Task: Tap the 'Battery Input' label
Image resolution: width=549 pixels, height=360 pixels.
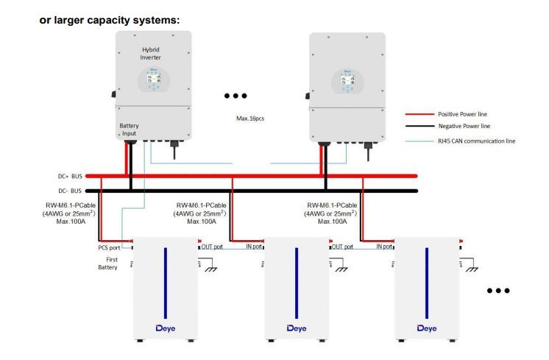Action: click(x=129, y=130)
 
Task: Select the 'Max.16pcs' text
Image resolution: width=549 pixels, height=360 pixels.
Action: click(x=249, y=119)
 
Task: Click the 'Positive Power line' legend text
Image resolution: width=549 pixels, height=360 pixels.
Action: click(x=462, y=114)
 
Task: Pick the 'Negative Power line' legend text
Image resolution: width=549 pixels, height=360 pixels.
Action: click(x=463, y=127)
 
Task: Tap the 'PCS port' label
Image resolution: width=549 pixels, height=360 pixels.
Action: click(x=108, y=247)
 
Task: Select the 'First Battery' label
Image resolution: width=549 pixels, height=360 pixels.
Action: click(x=108, y=262)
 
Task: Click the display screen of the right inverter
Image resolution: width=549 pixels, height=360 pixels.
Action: click(x=347, y=80)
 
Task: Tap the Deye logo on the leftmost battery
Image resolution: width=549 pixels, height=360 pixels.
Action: click(x=164, y=327)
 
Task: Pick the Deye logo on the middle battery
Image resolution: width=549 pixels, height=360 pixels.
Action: click(x=296, y=327)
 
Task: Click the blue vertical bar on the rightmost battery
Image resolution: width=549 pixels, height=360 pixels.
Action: click(x=428, y=280)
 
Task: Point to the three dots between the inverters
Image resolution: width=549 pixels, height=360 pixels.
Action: click(x=235, y=96)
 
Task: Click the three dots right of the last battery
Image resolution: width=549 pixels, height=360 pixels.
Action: click(x=498, y=291)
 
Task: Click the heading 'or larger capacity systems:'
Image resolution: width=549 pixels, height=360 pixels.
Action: click(x=109, y=19)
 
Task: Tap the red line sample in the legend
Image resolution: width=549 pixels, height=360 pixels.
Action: click(x=418, y=114)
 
